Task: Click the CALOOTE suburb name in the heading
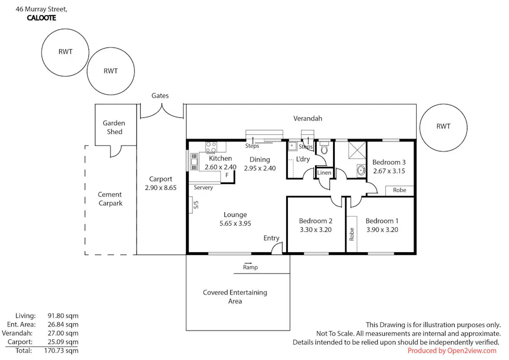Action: pyautogui.click(x=41, y=18)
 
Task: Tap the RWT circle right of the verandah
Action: pyautogui.click(x=443, y=126)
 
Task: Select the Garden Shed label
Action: pyautogui.click(x=114, y=127)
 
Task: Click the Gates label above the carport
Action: pyautogui.click(x=160, y=96)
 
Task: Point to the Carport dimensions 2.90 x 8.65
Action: pyautogui.click(x=160, y=188)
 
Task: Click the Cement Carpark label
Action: pyautogui.click(x=110, y=199)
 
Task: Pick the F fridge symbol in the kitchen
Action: pyautogui.click(x=227, y=175)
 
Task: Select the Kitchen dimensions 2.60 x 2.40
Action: pyautogui.click(x=220, y=167)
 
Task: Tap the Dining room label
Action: pyautogui.click(x=260, y=159)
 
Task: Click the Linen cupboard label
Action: pyautogui.click(x=324, y=173)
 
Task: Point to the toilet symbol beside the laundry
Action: pyautogui.click(x=324, y=149)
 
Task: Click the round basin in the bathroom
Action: pyautogui.click(x=360, y=171)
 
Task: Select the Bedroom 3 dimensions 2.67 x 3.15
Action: pyautogui.click(x=389, y=171)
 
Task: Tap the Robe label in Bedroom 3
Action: pyautogui.click(x=399, y=190)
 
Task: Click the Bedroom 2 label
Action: pyautogui.click(x=316, y=221)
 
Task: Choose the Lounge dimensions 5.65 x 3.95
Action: pyautogui.click(x=235, y=223)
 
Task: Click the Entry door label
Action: pyautogui.click(x=271, y=238)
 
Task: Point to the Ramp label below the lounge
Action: pyautogui.click(x=250, y=267)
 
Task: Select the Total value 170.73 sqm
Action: pyautogui.click(x=62, y=350)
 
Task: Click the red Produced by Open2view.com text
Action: pyautogui.click(x=452, y=350)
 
